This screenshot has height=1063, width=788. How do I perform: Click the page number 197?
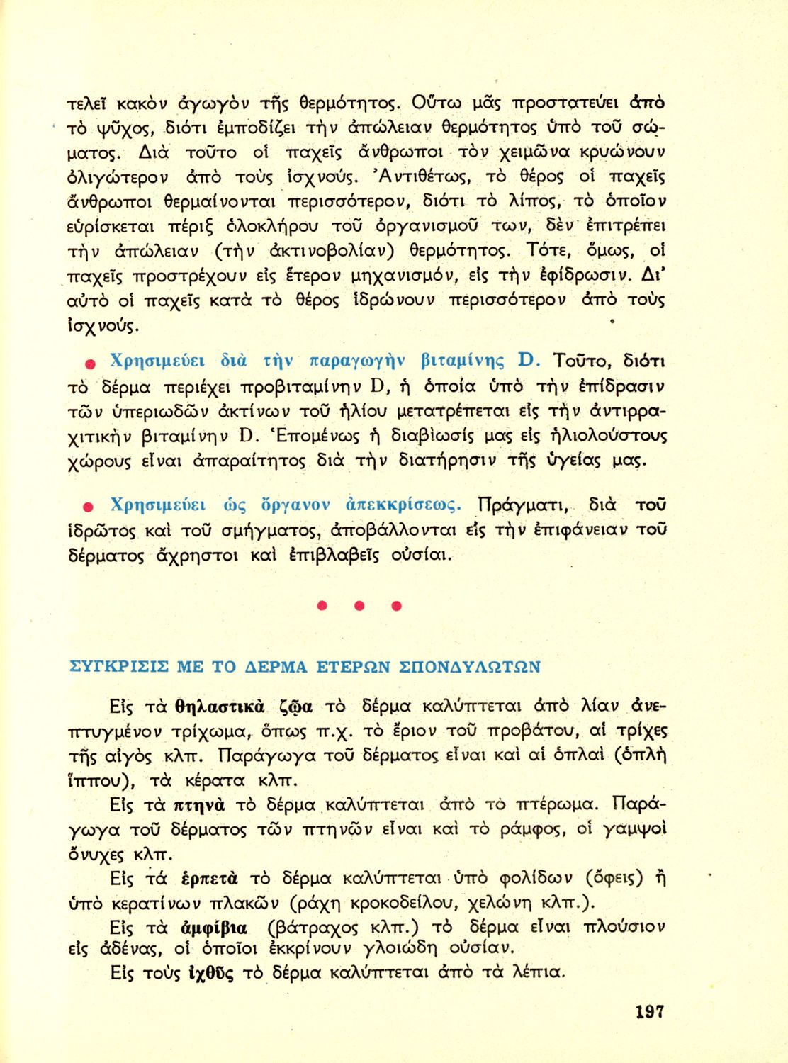tap(650, 1011)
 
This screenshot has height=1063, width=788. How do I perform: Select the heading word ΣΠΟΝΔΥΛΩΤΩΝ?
tap(470, 667)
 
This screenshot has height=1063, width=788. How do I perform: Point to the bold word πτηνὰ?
tap(199, 805)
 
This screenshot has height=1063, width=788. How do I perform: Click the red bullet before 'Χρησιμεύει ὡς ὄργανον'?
tap(90, 507)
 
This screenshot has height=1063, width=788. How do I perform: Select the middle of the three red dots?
tap(359, 606)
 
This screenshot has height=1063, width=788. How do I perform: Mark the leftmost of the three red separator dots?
tap(322, 606)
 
